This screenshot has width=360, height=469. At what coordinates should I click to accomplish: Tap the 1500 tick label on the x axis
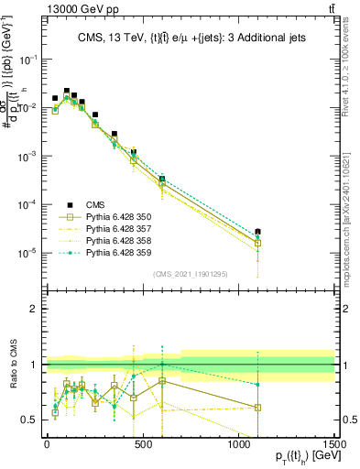click(333, 443)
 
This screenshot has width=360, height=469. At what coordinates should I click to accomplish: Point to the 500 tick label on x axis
click(143, 443)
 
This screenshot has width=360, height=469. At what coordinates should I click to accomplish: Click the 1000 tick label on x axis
click(238, 443)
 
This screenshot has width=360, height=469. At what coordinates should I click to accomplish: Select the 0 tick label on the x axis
click(47, 443)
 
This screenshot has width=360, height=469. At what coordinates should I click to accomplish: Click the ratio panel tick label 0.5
click(27, 420)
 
